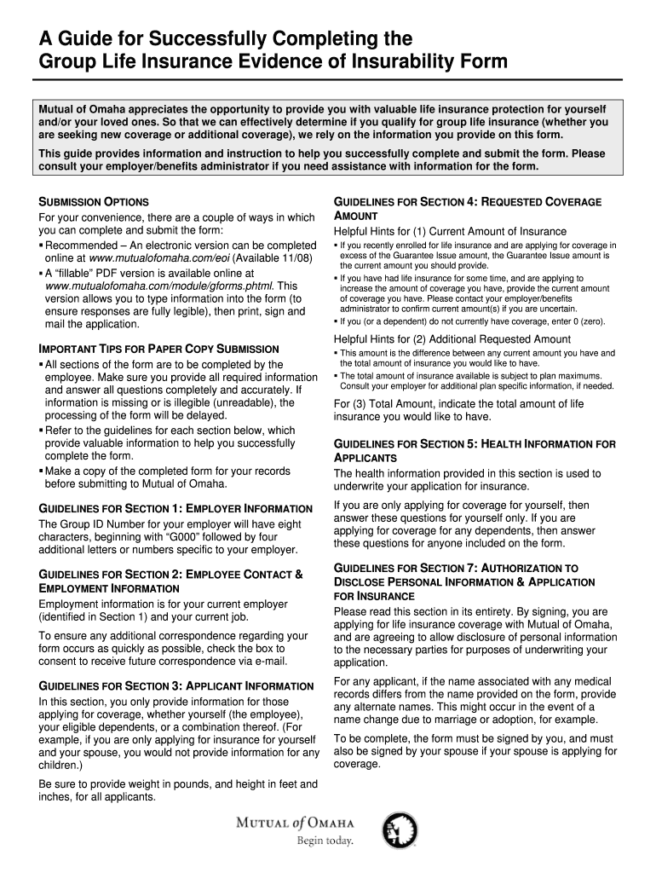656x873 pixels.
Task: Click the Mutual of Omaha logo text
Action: point(294,824)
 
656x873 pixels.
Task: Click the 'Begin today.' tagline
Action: point(324,841)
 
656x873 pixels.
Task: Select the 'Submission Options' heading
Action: point(94,202)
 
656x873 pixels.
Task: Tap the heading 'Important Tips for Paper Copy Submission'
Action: point(159,350)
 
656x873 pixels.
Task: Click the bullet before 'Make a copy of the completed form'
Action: point(40,471)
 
